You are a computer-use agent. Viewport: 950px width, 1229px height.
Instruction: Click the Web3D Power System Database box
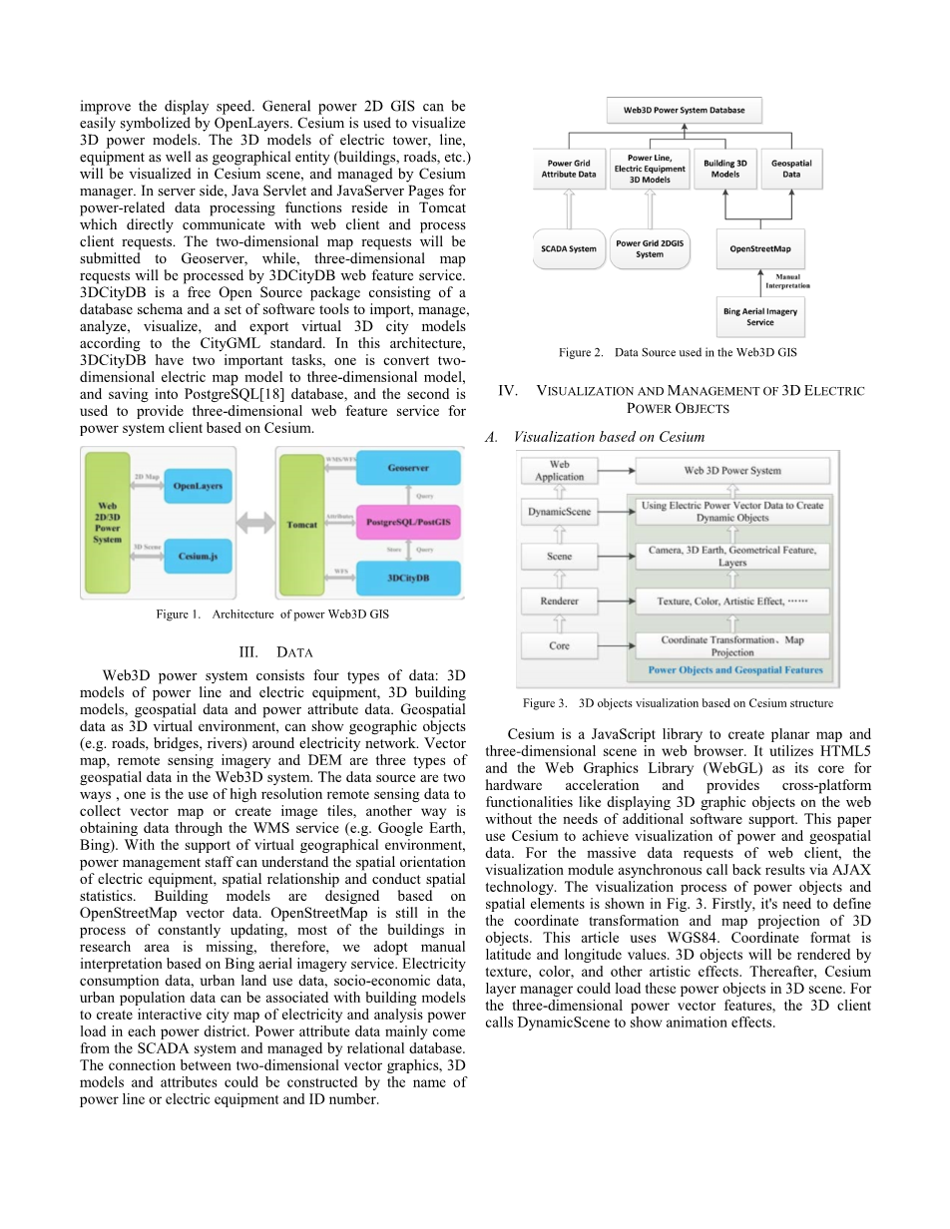click(x=685, y=110)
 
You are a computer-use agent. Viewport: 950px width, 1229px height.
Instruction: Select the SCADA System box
click(x=569, y=248)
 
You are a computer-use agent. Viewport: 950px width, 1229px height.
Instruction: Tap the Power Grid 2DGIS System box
click(x=650, y=248)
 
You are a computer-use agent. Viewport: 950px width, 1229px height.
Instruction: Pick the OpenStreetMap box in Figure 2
click(x=760, y=248)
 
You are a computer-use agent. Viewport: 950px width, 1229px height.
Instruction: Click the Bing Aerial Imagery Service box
click(x=760, y=317)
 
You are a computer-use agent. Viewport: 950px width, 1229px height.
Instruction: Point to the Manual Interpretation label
click(x=787, y=281)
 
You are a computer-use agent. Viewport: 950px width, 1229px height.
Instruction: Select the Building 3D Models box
click(x=725, y=169)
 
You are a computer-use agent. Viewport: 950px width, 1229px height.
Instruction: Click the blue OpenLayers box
click(x=198, y=486)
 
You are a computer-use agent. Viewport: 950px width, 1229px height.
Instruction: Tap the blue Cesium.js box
click(x=198, y=556)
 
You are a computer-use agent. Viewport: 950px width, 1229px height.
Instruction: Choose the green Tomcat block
click(x=302, y=524)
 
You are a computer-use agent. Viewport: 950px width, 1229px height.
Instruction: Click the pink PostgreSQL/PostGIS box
click(x=408, y=522)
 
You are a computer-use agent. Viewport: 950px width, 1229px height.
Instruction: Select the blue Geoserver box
click(x=408, y=467)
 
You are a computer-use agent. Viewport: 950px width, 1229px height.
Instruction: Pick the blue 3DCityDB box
click(x=408, y=577)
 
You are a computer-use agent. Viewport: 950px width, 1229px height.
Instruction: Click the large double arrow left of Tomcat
click(x=254, y=522)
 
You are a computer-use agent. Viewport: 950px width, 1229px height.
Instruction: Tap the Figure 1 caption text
click(x=272, y=614)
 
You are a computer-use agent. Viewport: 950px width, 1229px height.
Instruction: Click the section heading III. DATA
click(x=271, y=652)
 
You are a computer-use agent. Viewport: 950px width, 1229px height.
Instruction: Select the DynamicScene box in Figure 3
click(x=560, y=513)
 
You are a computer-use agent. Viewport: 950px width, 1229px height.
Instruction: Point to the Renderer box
click(x=560, y=602)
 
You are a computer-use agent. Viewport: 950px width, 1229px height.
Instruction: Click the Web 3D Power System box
click(x=732, y=471)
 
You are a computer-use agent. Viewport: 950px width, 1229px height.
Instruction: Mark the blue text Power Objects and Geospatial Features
click(x=735, y=670)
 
